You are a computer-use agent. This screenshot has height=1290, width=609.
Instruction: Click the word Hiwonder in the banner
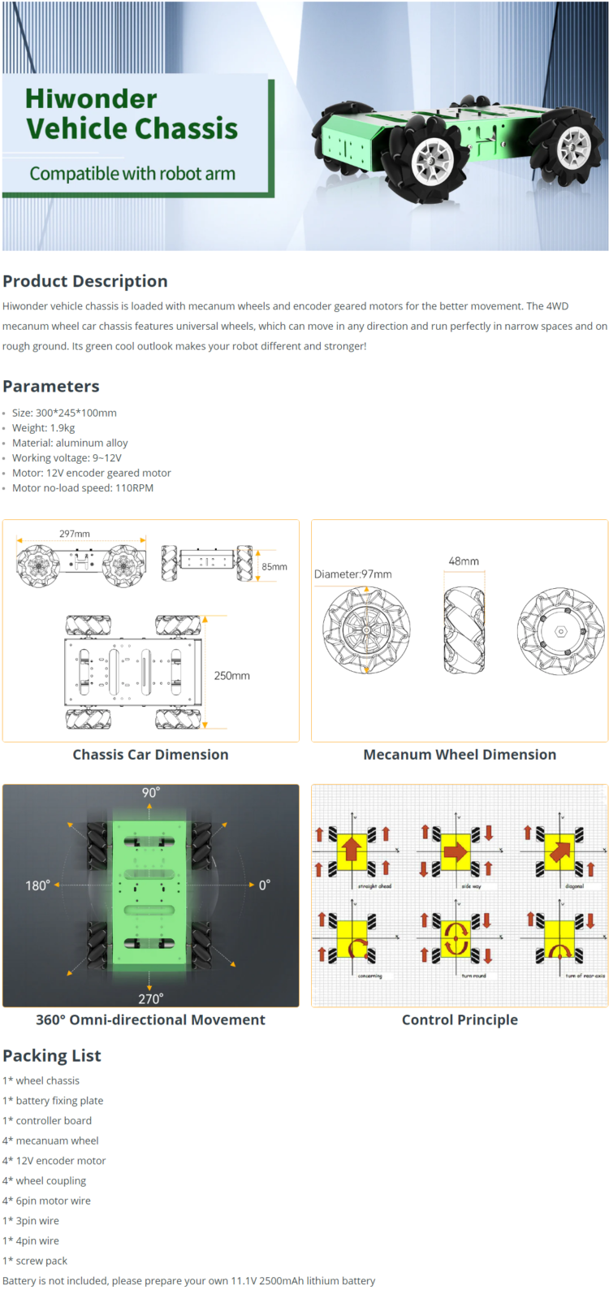(x=91, y=98)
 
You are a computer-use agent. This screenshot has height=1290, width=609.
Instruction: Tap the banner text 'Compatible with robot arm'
(x=132, y=174)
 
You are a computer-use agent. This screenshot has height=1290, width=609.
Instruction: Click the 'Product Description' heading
(x=85, y=281)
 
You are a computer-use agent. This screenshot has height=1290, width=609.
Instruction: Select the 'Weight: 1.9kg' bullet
(x=43, y=428)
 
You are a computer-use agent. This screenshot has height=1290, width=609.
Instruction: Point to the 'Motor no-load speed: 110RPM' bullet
(x=82, y=488)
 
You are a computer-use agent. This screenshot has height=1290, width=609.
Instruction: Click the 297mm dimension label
(x=75, y=534)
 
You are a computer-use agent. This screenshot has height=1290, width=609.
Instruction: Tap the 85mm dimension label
(x=274, y=567)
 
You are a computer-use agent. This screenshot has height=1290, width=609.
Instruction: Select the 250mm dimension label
(x=232, y=676)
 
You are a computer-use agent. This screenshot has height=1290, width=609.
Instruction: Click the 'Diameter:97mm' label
(x=353, y=574)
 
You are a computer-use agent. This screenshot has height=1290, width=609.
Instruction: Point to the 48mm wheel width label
(x=464, y=561)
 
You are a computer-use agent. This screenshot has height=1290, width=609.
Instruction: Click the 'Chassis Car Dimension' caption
(x=151, y=755)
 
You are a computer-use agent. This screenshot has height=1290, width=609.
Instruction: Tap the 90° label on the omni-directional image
(x=151, y=793)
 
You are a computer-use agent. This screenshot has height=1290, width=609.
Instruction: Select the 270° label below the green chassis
(x=150, y=998)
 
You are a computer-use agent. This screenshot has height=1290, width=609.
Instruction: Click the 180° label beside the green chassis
(x=37, y=885)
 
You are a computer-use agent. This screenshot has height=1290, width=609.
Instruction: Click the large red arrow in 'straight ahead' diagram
(x=352, y=850)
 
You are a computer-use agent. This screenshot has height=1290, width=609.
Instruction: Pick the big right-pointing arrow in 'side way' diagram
(x=456, y=851)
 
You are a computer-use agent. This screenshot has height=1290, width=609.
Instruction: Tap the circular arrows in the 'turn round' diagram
(x=456, y=938)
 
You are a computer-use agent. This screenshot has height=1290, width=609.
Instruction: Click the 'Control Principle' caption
(x=460, y=1019)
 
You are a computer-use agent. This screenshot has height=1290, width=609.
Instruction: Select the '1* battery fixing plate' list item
(x=53, y=1101)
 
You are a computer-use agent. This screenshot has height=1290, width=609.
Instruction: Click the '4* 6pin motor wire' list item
(x=46, y=1201)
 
